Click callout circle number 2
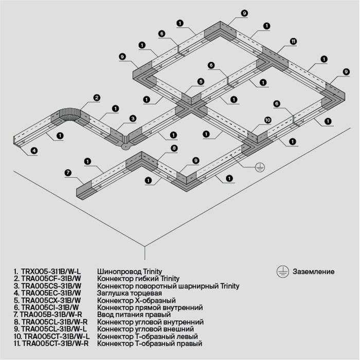pyautogui.click(x=96, y=97)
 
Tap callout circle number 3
pyautogui.click(x=132, y=119)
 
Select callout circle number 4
pyautogui.click(x=34, y=151)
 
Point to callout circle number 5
pyautogui.click(x=200, y=81)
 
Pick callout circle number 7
pyautogui.click(x=68, y=172)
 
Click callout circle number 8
pyautogui.click(x=174, y=148)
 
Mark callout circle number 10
pyautogui.click(x=267, y=120)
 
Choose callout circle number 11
pyautogui.click(x=293, y=41)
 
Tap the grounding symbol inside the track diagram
pyautogui.click(x=261, y=167)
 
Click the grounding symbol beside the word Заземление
pyautogui.click(x=281, y=271)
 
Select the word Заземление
pyautogui.click(x=314, y=272)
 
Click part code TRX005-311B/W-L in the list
pyautogui.click(x=47, y=271)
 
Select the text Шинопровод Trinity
pyautogui.click(x=130, y=271)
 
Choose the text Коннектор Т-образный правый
pyautogui.click(x=150, y=343)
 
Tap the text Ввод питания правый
pyautogui.click(x=132, y=314)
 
